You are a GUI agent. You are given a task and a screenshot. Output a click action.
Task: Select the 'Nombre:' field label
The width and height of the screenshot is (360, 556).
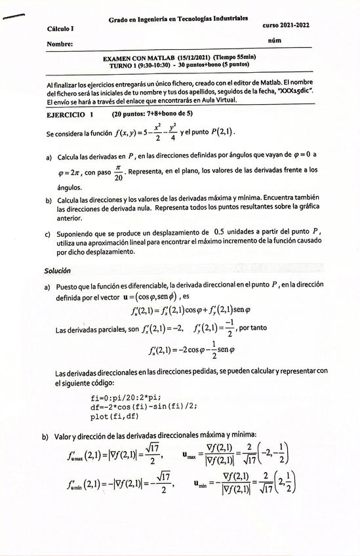60,45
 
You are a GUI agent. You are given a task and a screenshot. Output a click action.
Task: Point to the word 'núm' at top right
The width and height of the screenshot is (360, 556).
275,41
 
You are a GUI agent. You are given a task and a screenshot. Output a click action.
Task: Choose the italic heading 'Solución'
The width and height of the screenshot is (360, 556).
58,270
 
